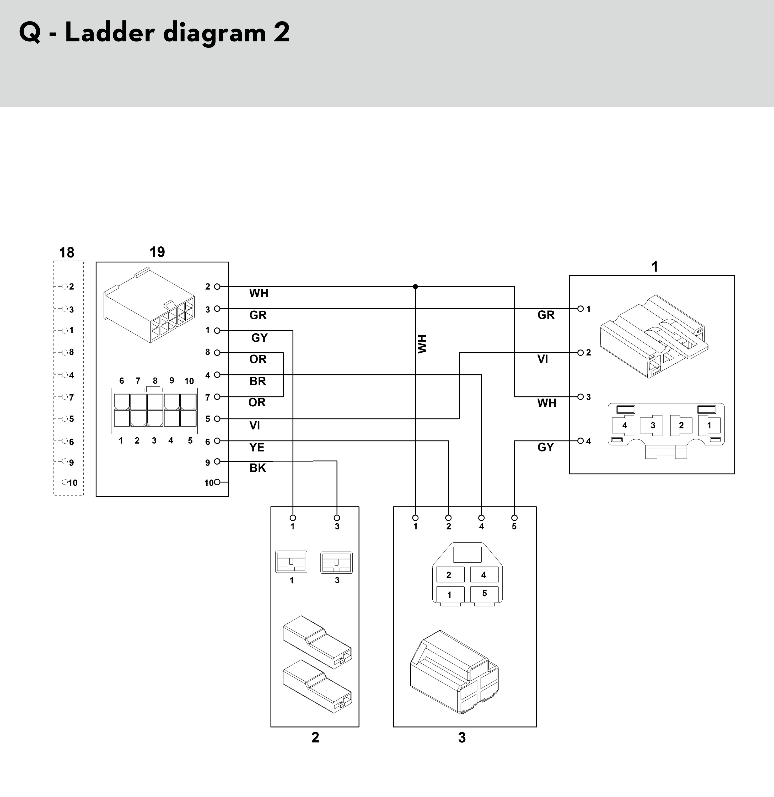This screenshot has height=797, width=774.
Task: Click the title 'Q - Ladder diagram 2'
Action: pyautogui.click(x=154, y=33)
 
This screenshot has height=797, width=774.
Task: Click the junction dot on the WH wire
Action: pyautogui.click(x=415, y=287)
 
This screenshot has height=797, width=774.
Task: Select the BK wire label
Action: pyautogui.click(x=257, y=468)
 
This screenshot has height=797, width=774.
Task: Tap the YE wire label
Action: pyautogui.click(x=257, y=447)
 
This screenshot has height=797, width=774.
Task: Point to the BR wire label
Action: pyautogui.click(x=257, y=381)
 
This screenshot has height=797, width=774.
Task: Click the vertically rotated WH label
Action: pyautogui.click(x=422, y=344)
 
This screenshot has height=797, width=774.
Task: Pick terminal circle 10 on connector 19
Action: pyautogui.click(x=217, y=482)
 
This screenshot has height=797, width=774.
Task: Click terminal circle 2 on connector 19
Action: pyautogui.click(x=217, y=287)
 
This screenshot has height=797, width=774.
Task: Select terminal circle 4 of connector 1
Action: pyautogui.click(x=581, y=441)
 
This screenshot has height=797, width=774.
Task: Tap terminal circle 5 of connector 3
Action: pyautogui.click(x=514, y=518)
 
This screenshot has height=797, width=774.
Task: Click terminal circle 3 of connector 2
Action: pyautogui.click(x=337, y=518)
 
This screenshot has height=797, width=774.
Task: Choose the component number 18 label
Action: pyautogui.click(x=67, y=252)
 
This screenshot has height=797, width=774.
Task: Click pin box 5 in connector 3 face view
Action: pyautogui.click(x=484, y=594)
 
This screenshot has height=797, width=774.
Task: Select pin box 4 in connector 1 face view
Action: pyautogui.click(x=624, y=425)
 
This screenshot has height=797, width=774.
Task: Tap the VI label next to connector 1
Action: pyautogui.click(x=542, y=359)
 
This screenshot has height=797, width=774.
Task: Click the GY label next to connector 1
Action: pyautogui.click(x=545, y=447)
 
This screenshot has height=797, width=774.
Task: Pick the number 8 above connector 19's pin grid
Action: pyautogui.click(x=155, y=381)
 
